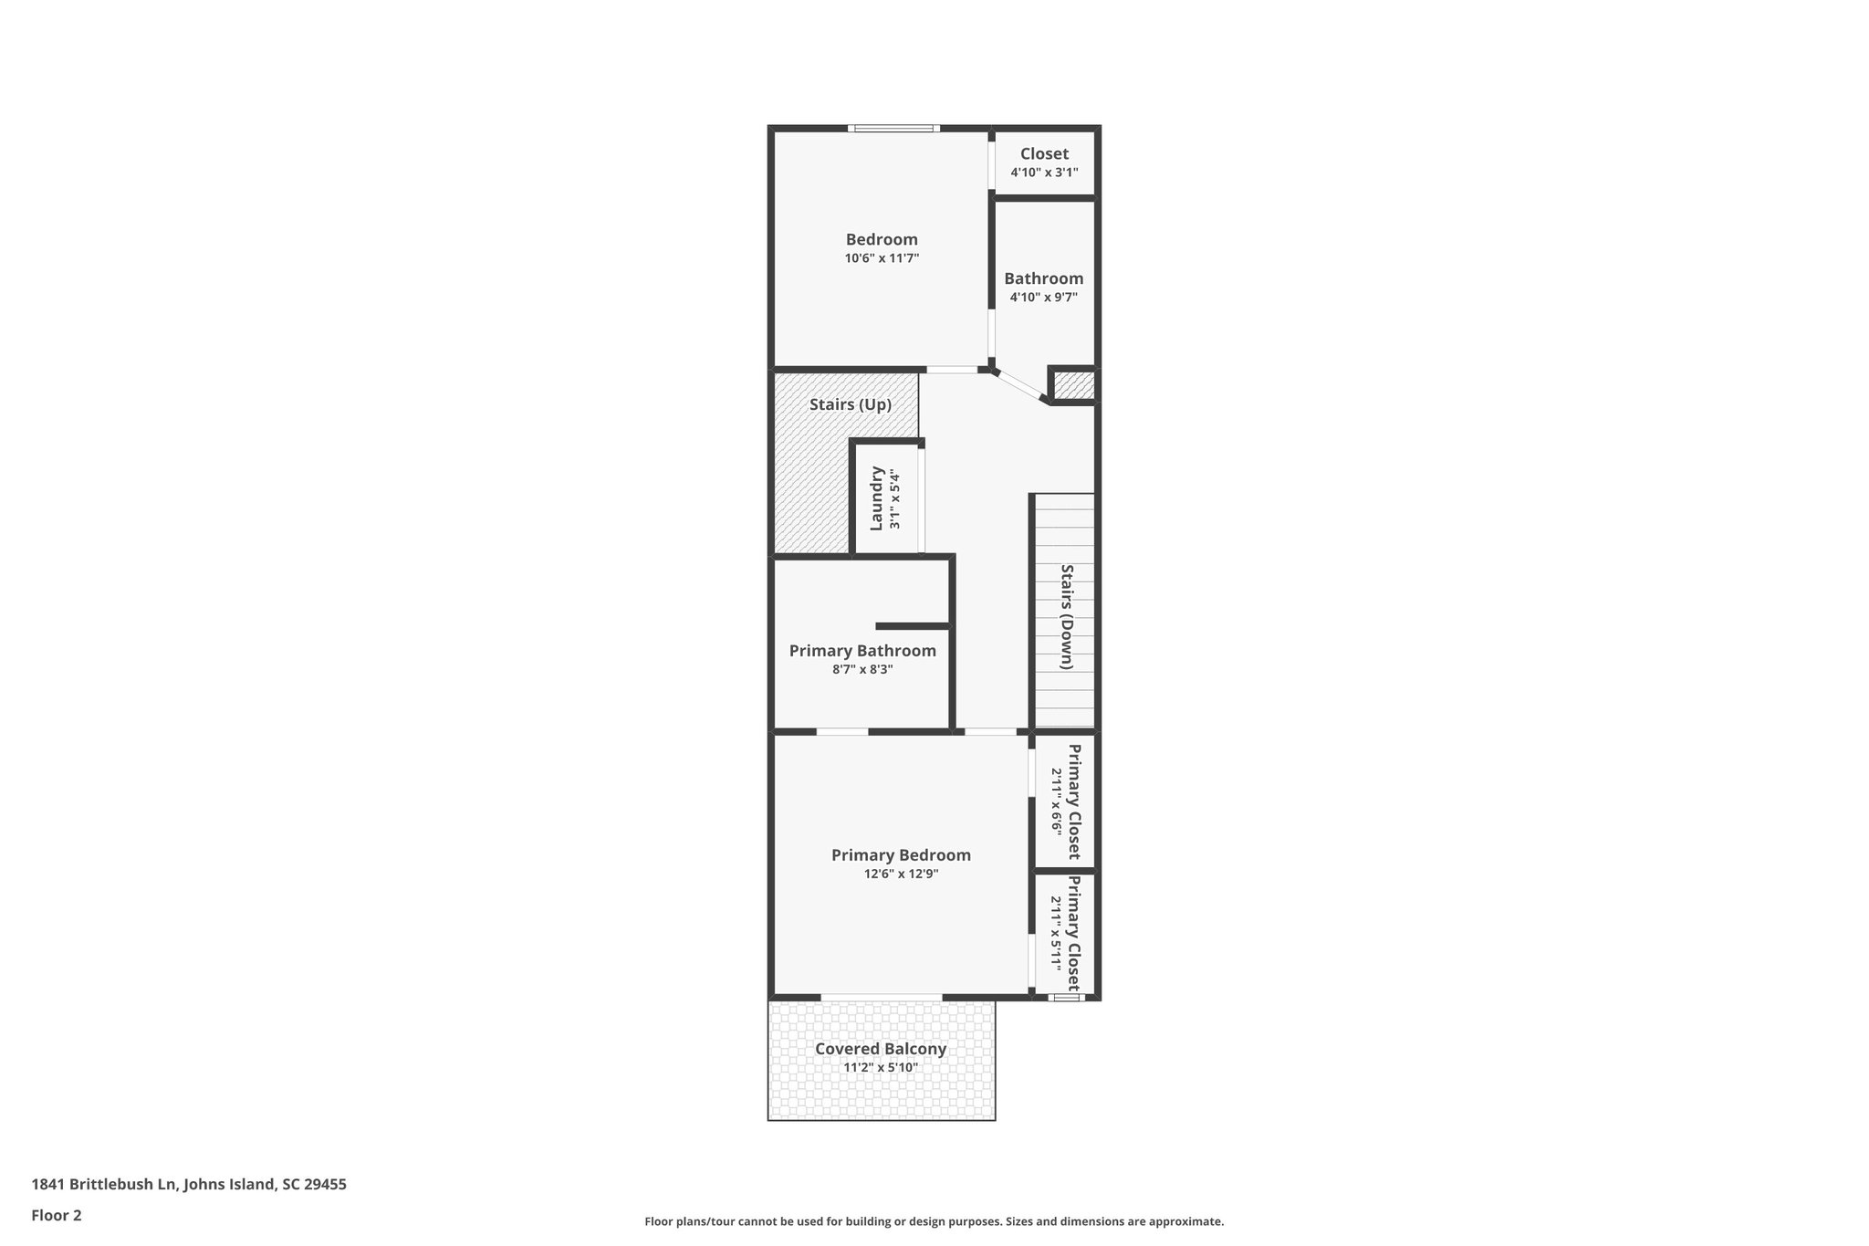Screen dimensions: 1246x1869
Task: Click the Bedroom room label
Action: (882, 240)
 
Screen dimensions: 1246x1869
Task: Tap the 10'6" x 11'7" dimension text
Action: (882, 258)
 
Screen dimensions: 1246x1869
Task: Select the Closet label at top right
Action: (1044, 154)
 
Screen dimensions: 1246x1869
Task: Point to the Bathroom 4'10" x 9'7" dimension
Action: (1044, 297)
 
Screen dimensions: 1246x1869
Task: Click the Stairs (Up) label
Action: (850, 404)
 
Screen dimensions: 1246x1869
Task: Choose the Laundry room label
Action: (877, 498)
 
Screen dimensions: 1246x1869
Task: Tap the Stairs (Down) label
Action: (1066, 617)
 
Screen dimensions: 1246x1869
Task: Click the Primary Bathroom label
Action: (862, 651)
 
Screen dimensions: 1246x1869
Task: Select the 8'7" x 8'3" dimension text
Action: (862, 669)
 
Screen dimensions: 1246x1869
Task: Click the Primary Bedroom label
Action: (901, 855)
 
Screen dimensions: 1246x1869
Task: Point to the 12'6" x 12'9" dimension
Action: (901, 874)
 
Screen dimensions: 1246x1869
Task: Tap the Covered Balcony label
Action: (881, 1049)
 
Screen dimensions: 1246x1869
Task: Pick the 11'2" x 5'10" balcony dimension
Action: (881, 1067)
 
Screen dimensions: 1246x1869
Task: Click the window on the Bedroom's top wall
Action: (893, 129)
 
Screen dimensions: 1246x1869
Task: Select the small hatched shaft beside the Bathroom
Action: (1074, 385)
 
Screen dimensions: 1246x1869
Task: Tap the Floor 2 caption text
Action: (57, 1215)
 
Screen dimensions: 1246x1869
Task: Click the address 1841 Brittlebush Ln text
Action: (189, 1184)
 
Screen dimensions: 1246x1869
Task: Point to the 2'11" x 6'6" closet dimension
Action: (1057, 801)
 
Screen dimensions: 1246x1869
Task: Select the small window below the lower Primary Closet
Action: (1065, 998)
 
